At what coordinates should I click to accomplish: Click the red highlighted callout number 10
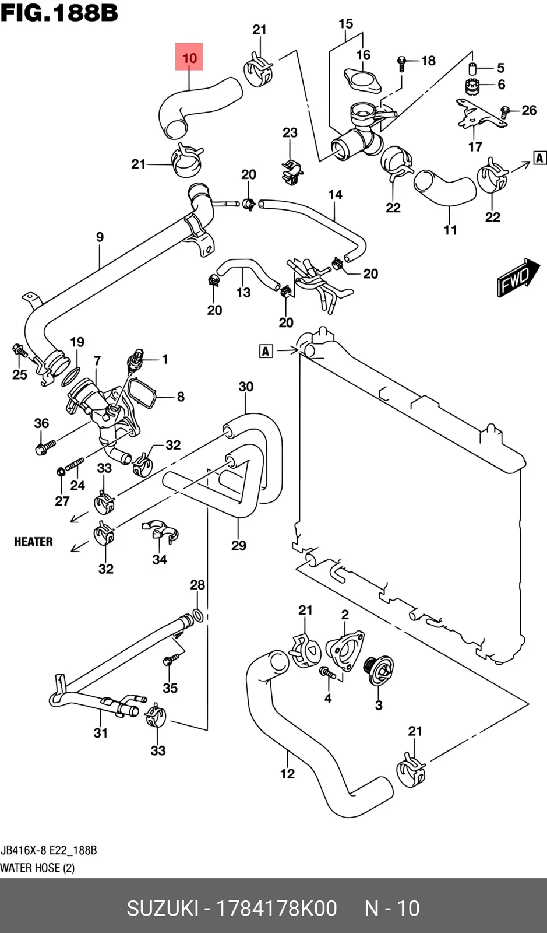pyautogui.click(x=189, y=57)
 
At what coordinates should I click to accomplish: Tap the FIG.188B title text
pyautogui.click(x=59, y=13)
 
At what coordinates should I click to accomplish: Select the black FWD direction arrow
pyautogui.click(x=518, y=277)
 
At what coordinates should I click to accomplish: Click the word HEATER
pyautogui.click(x=33, y=542)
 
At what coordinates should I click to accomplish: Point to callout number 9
pyautogui.click(x=100, y=237)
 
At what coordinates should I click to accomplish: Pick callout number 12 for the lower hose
pyautogui.click(x=287, y=773)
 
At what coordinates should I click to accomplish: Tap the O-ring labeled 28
pyautogui.click(x=199, y=615)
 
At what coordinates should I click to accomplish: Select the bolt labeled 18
pyautogui.click(x=402, y=64)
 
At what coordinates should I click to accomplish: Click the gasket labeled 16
pyautogui.click(x=363, y=81)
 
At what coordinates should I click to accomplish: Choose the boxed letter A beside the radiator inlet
pyautogui.click(x=266, y=351)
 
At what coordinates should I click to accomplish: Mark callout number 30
pyautogui.click(x=246, y=387)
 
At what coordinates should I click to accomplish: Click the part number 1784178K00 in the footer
pyautogui.click(x=277, y=908)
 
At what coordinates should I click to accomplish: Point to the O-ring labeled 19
pyautogui.click(x=71, y=377)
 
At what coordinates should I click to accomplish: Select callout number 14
pyautogui.click(x=336, y=195)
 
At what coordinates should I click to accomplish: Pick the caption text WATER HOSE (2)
pyautogui.click(x=37, y=868)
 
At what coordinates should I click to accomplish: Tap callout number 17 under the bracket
pyautogui.click(x=475, y=146)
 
